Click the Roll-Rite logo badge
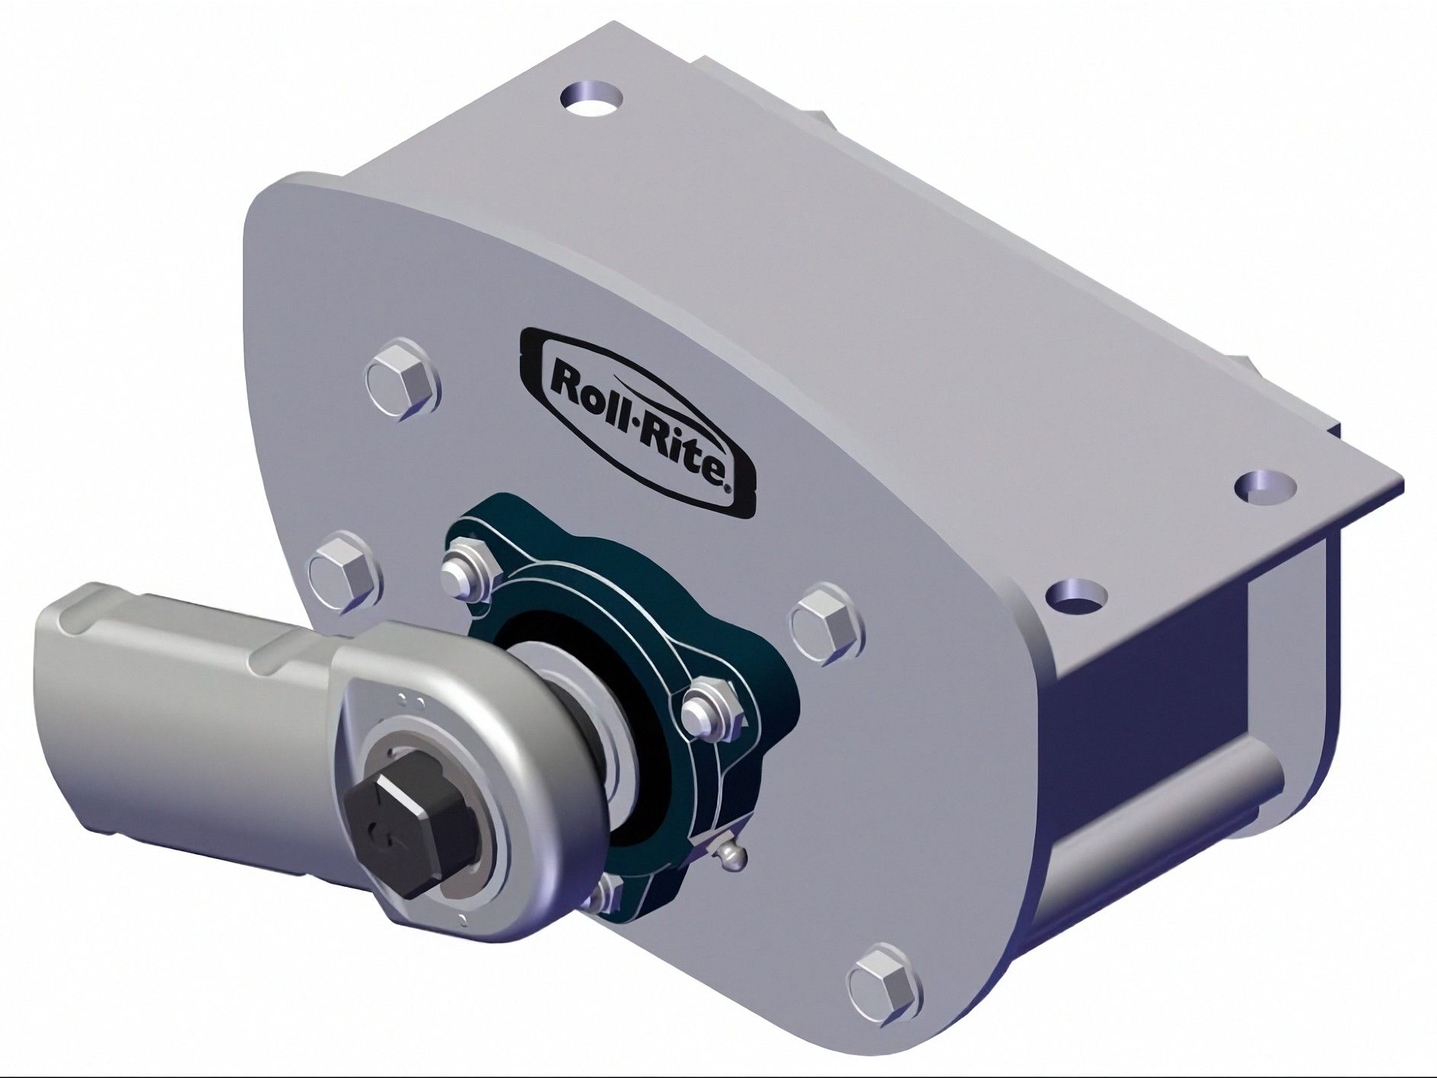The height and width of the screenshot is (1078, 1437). [x=638, y=421]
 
